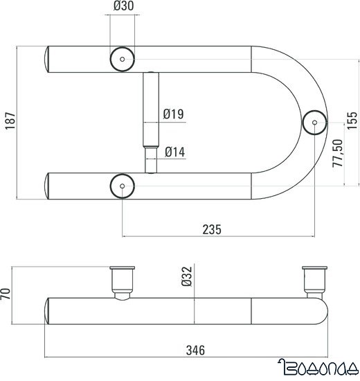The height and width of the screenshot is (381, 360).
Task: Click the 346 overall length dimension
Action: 197,352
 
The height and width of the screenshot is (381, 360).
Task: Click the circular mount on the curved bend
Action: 315,123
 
